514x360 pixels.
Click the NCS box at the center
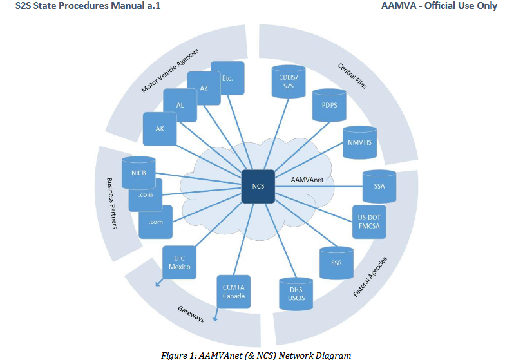click(x=258, y=186)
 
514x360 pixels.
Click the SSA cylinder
click(x=379, y=186)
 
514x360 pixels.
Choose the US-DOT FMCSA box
click(x=370, y=222)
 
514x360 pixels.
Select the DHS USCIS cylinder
click(x=296, y=294)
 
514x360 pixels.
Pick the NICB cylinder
click(x=138, y=173)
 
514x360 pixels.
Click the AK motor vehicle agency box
click(x=160, y=129)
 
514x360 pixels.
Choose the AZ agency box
click(x=204, y=88)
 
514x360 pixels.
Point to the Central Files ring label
click(x=352, y=75)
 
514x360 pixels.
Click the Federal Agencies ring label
click(x=370, y=277)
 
